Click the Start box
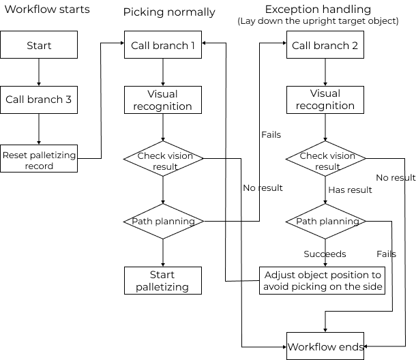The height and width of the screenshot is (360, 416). (x=39, y=46)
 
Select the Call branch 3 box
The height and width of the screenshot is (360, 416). (x=39, y=100)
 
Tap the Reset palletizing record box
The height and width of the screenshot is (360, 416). (x=39, y=160)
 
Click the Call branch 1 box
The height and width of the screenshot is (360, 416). (x=163, y=46)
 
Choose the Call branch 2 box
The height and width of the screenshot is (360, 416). (x=325, y=46)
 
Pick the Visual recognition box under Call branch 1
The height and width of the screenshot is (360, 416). (x=163, y=100)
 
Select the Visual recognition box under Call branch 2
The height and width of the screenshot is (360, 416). (x=325, y=100)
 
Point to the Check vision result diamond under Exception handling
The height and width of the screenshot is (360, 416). (x=325, y=160)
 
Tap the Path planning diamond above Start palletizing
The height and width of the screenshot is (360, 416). (x=164, y=221)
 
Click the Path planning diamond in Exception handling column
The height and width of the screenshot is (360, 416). (x=325, y=221)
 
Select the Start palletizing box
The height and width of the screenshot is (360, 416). (x=163, y=280)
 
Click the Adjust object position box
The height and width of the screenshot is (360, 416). (x=322, y=280)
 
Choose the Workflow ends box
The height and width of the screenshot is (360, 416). (x=325, y=346)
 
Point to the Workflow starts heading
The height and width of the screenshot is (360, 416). (x=47, y=10)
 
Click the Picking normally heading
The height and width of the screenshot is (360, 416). (x=169, y=12)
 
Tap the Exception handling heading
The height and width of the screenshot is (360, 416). (x=318, y=10)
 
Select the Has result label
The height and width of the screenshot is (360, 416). (x=350, y=190)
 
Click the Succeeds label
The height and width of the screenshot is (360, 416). (x=325, y=254)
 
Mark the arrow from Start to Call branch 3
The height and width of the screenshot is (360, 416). (x=39, y=72)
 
